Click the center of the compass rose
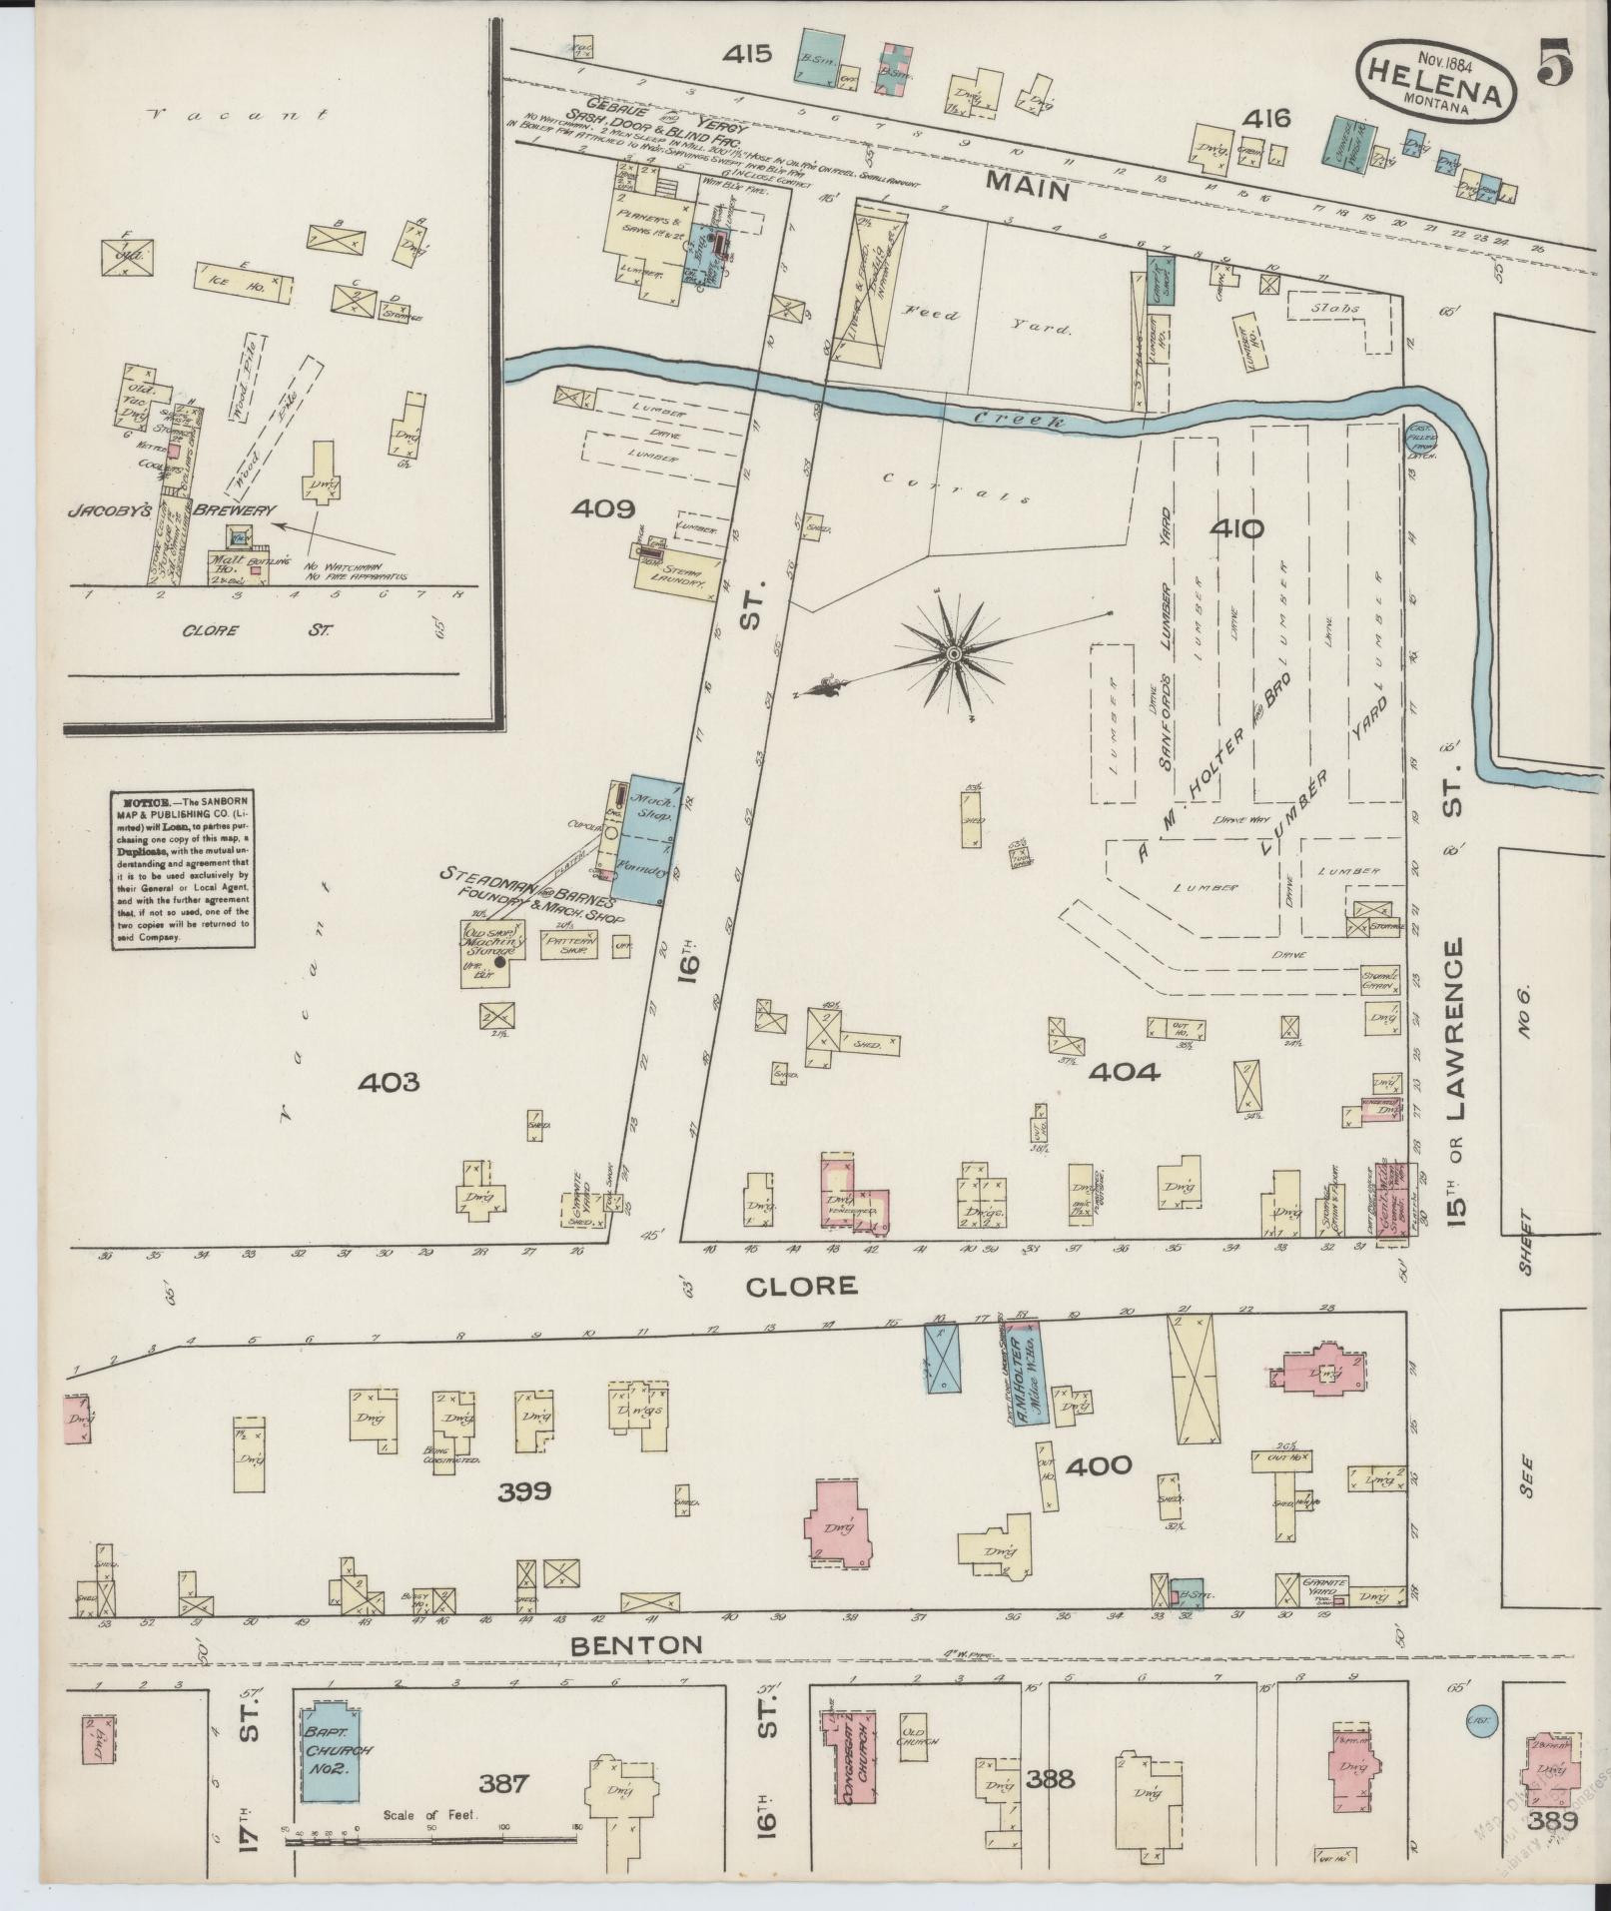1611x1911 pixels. pyautogui.click(x=954, y=654)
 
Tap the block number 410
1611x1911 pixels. pyautogui.click(x=1236, y=529)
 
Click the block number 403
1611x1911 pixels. pyautogui.click(x=392, y=1082)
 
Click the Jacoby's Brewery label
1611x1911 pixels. pyautogui.click(x=170, y=509)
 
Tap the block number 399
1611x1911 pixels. pyautogui.click(x=525, y=1491)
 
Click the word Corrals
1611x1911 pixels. pyautogui.click(x=956, y=488)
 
